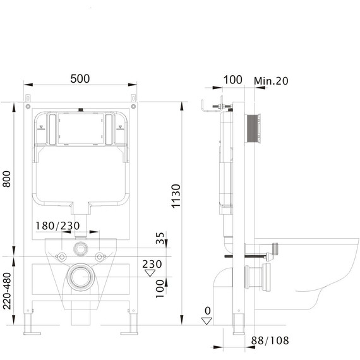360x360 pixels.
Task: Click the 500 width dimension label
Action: pyautogui.click(x=80, y=78)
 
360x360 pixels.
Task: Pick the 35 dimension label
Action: pyautogui.click(x=160, y=239)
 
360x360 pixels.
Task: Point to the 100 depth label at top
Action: pyautogui.click(x=233, y=80)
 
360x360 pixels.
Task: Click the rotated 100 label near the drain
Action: pyautogui.click(x=160, y=287)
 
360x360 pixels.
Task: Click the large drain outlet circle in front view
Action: pyautogui.click(x=80, y=276)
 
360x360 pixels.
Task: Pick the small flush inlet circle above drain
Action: pyautogui.click(x=80, y=248)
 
